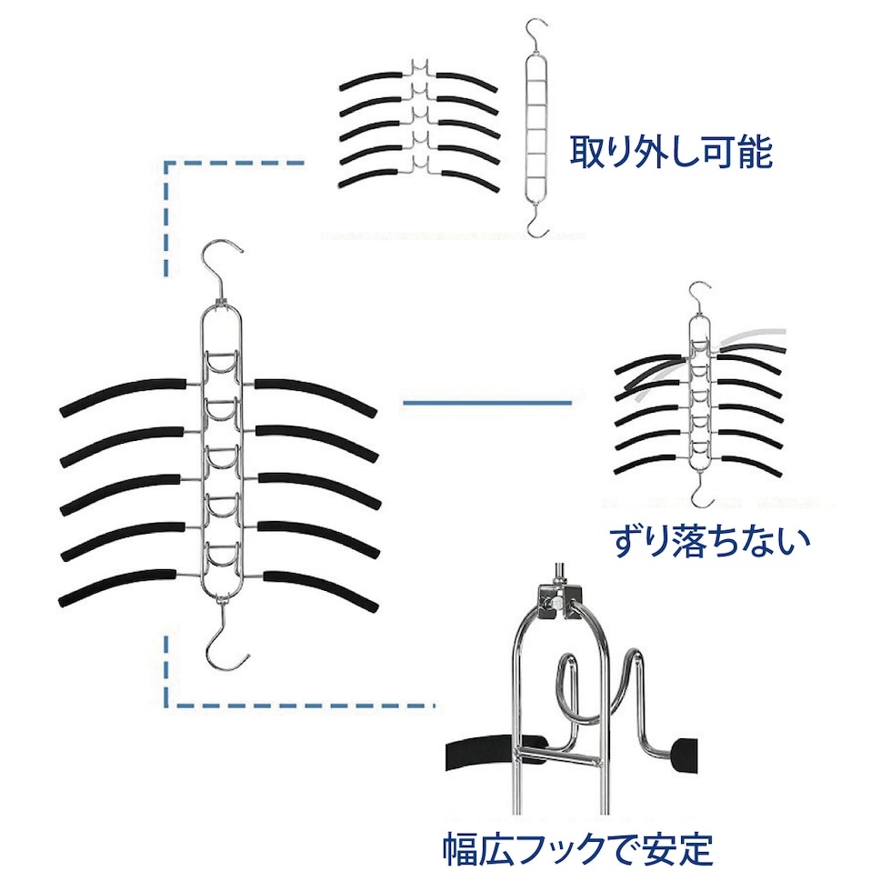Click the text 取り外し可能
(x=671, y=152)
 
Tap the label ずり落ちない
(x=708, y=540)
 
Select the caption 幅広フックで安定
(x=578, y=850)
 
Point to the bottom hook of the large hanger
(x=222, y=643)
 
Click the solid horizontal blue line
(x=486, y=401)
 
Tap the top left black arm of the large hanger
(x=123, y=395)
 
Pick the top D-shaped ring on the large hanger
(x=222, y=368)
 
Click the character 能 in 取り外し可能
(x=752, y=152)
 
